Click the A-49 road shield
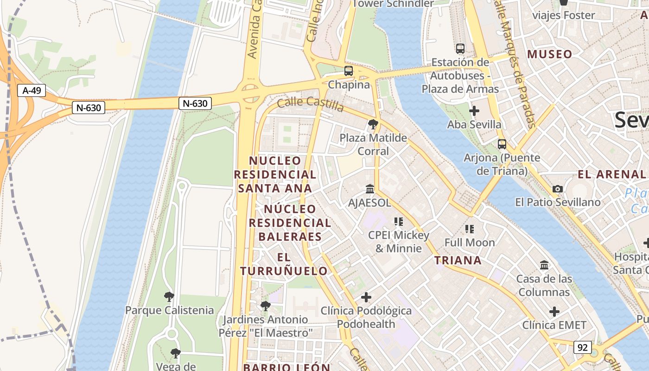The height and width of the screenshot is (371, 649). [x=32, y=90]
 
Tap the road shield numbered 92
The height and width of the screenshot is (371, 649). [x=582, y=347]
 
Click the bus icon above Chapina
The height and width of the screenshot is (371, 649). [x=349, y=71]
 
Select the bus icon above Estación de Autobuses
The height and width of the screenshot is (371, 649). [x=460, y=48]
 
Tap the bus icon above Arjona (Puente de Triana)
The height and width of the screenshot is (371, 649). [x=502, y=144]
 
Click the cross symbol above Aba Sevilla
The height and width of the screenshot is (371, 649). [x=474, y=111]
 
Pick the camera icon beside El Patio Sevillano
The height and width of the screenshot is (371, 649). [x=558, y=189]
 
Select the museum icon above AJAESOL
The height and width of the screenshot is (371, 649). [x=370, y=189]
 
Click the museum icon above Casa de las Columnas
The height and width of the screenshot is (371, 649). [x=544, y=265]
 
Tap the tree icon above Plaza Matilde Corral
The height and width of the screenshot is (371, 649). [x=373, y=124]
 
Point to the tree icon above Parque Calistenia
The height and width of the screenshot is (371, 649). [x=169, y=296]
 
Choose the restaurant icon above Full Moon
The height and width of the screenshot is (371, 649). [x=470, y=229]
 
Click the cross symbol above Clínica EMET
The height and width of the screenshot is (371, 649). [x=554, y=311]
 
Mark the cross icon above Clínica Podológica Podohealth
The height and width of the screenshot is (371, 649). [x=366, y=297]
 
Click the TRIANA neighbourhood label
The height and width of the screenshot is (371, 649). [x=458, y=260]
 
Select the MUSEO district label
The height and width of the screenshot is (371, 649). [x=549, y=54]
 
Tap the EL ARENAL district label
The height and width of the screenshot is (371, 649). [x=611, y=174]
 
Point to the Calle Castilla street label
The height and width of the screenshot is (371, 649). [x=311, y=104]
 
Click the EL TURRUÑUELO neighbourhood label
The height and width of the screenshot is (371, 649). [x=284, y=264]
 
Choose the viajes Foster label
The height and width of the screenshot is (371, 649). [x=563, y=15]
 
